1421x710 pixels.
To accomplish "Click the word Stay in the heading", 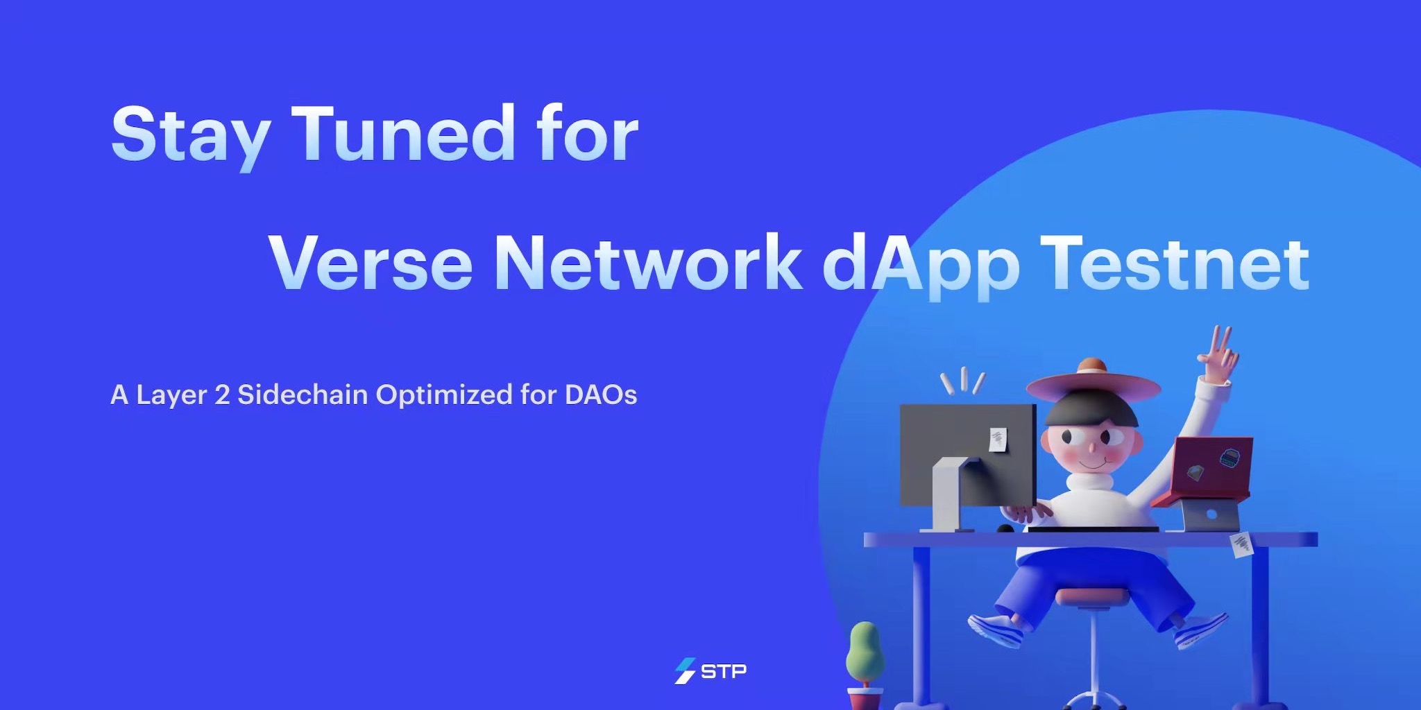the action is [191, 136].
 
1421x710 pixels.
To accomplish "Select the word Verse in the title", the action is [371, 263].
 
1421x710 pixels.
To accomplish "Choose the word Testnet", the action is [1175, 263].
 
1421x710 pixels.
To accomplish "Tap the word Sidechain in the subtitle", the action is [303, 395].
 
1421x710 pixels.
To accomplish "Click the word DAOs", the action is [601, 395].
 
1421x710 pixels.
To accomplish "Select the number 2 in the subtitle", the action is [222, 395].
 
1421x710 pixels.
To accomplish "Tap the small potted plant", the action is [865, 664].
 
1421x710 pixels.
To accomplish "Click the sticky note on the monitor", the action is [998, 440].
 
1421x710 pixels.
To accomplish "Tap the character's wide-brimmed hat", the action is [1093, 383].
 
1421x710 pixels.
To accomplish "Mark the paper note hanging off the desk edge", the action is [1242, 544].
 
